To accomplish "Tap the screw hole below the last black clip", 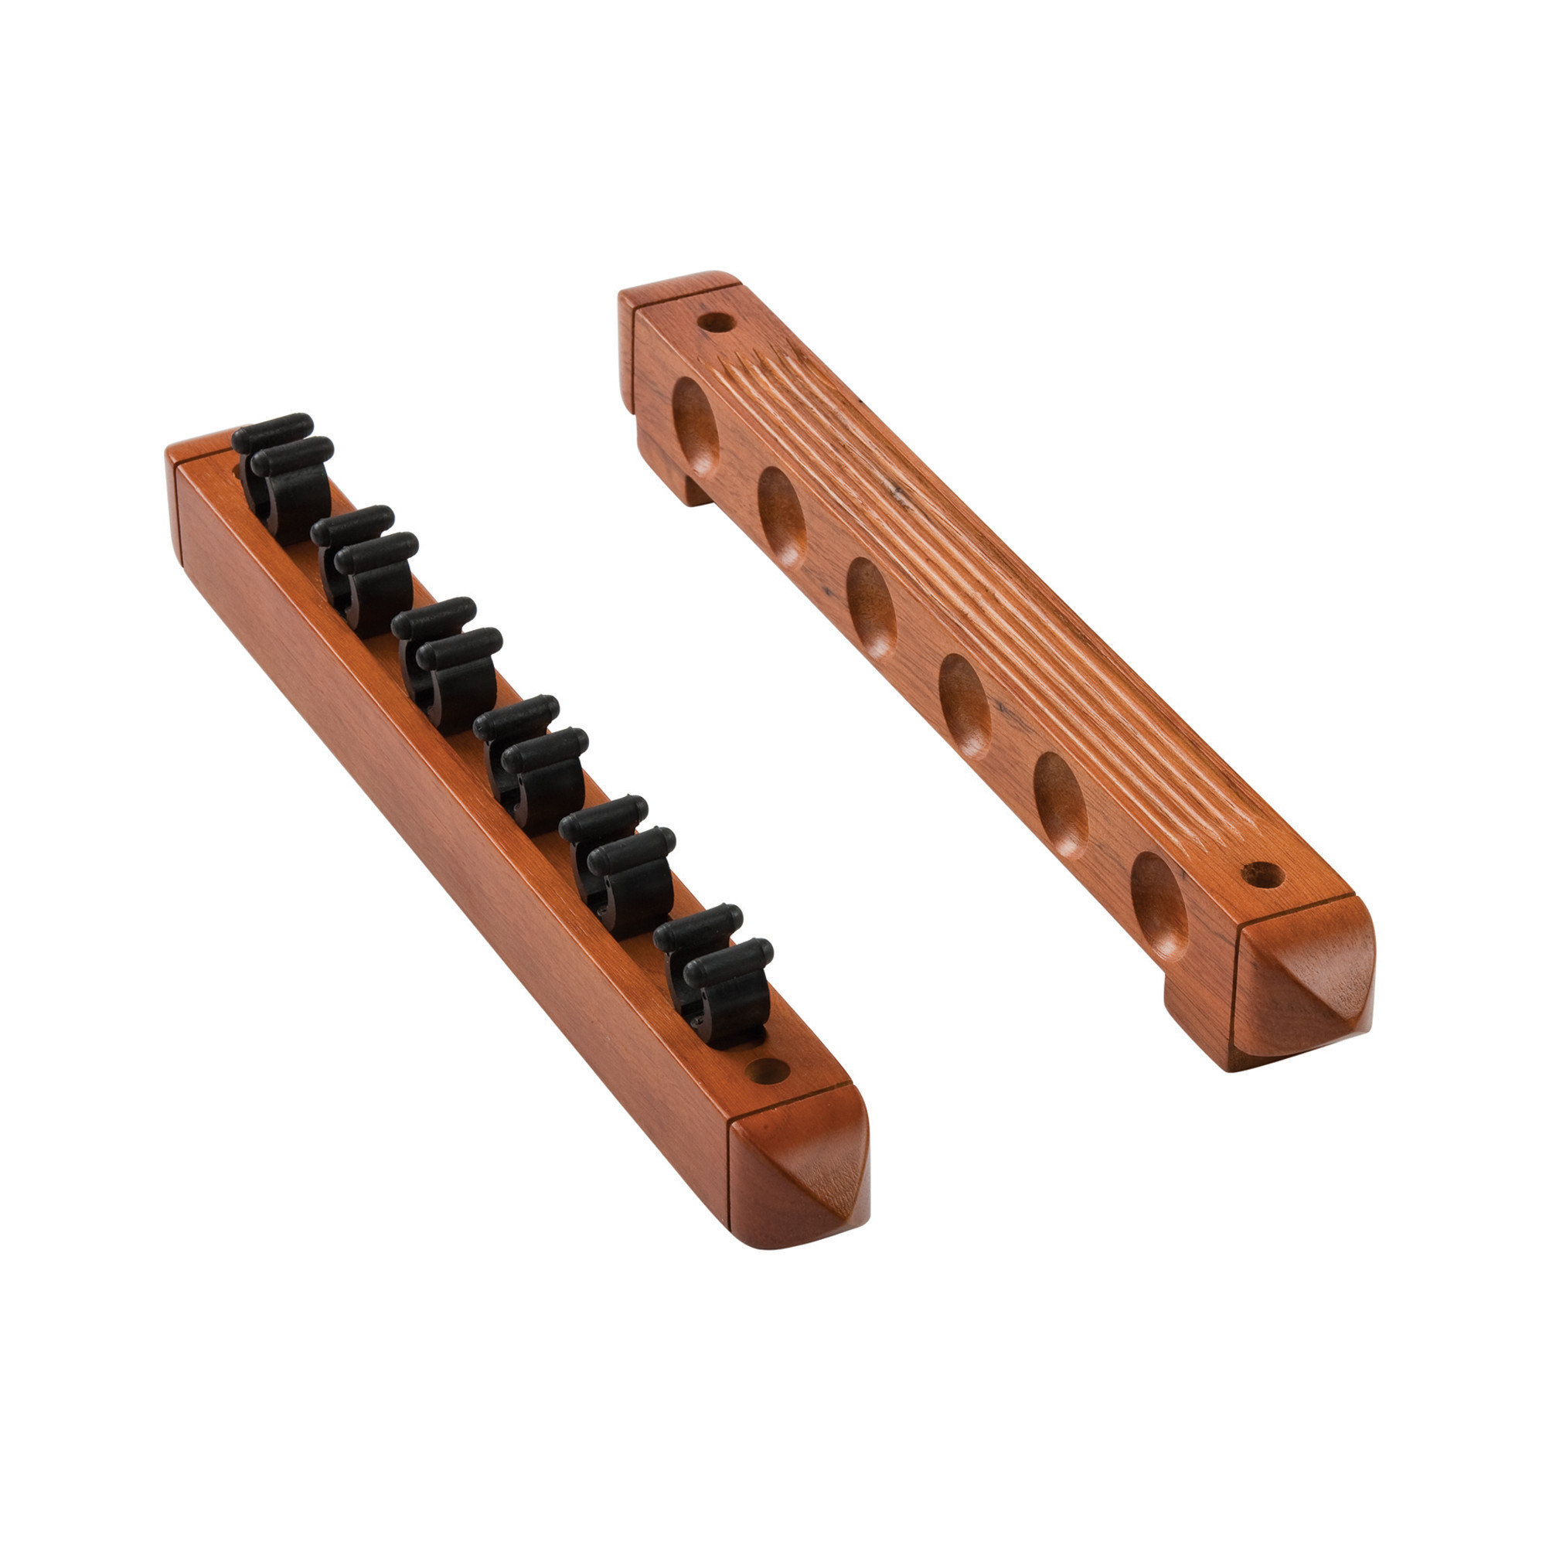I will (x=767, y=1071).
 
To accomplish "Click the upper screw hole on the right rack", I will (x=715, y=322).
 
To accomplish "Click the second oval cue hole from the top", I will (x=781, y=516).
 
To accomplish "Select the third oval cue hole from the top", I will (x=870, y=608).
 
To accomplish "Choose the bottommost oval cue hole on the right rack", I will (x=1159, y=904).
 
